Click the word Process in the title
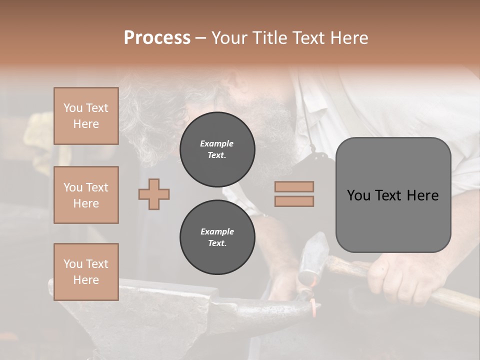(x=157, y=37)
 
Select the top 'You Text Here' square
(x=86, y=116)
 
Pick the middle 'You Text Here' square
(x=86, y=195)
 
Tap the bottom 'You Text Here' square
(x=86, y=272)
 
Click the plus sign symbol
(x=154, y=194)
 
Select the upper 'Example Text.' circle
(x=217, y=149)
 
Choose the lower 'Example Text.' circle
(x=217, y=237)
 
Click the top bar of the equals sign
(x=294, y=187)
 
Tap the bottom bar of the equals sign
(x=294, y=201)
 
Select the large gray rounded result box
(x=393, y=195)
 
